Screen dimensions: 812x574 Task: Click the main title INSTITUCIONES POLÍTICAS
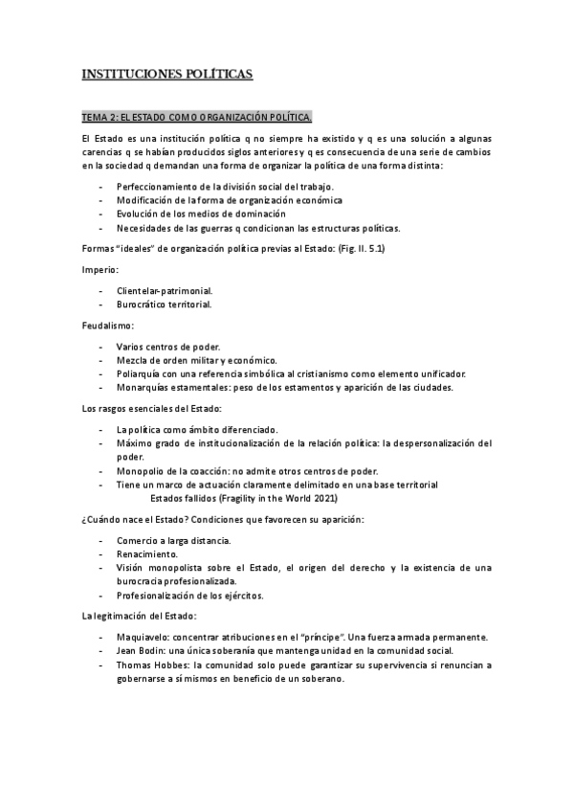click(x=167, y=74)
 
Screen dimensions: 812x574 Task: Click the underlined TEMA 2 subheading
click(x=197, y=118)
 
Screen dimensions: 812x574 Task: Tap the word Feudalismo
click(x=108, y=326)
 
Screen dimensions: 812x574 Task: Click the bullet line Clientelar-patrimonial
click(x=165, y=289)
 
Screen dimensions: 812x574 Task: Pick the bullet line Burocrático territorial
click(x=164, y=304)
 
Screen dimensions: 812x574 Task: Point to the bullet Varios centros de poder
click(x=168, y=346)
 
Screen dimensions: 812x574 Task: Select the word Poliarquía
click(x=140, y=372)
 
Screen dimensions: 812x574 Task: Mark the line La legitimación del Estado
click(x=140, y=616)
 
